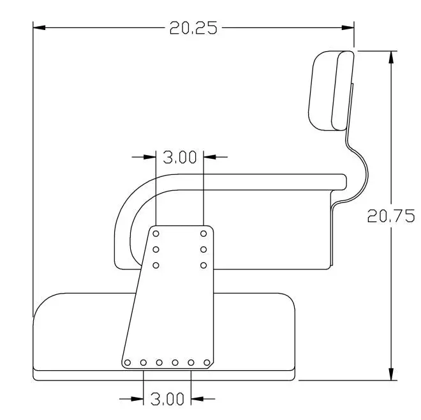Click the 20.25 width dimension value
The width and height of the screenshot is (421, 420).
[193, 28]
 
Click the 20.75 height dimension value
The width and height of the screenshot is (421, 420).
[391, 216]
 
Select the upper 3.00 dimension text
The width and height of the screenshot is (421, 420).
[180, 157]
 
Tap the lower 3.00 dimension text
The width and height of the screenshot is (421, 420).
[167, 399]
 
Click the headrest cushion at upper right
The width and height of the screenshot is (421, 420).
[331, 91]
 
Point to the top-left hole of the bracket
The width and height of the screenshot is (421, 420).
[156, 234]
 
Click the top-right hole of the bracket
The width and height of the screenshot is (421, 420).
[203, 234]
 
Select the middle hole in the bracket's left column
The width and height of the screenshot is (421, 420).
[156, 250]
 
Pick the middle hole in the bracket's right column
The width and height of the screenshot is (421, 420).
[203, 250]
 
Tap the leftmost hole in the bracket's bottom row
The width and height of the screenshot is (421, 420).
[128, 363]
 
